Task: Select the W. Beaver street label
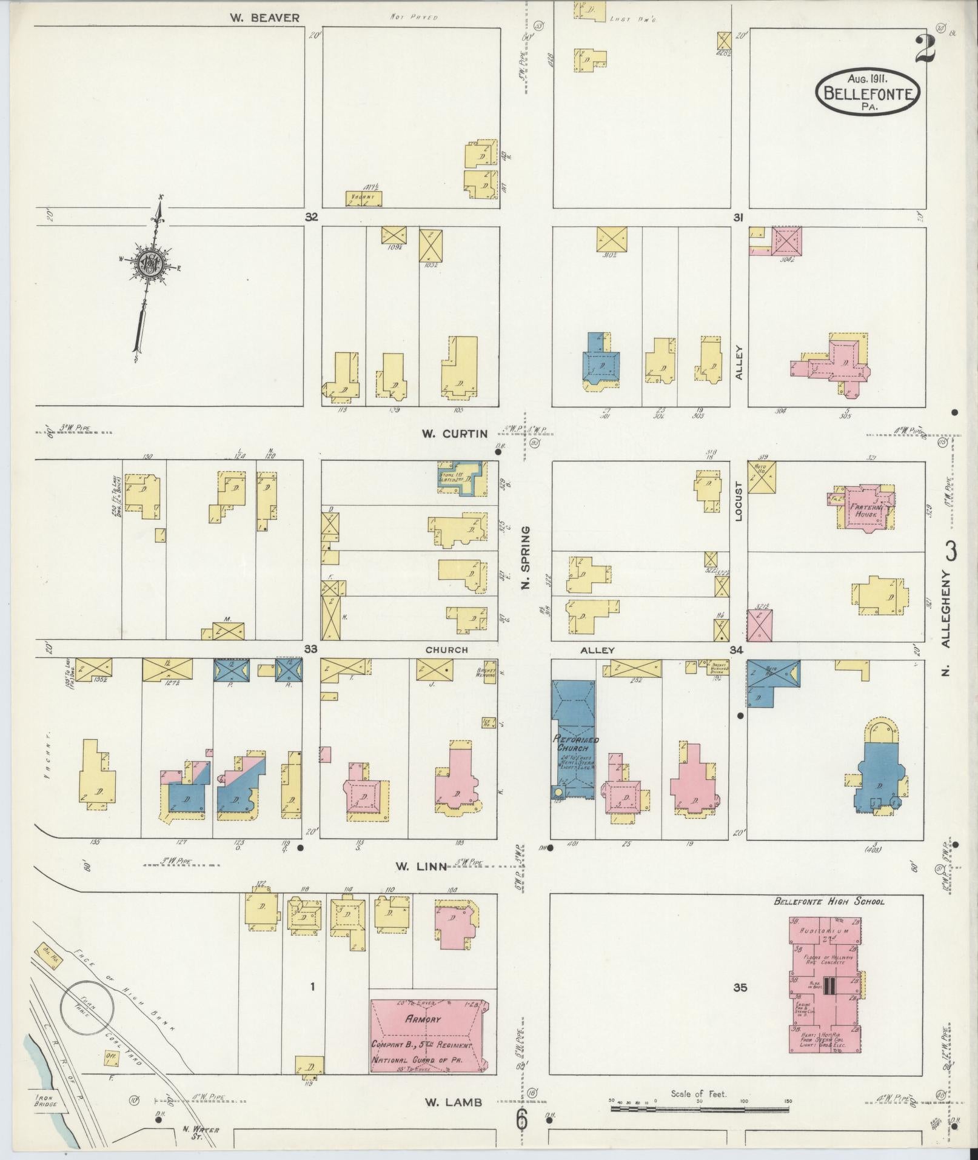(x=264, y=18)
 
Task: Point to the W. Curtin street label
(x=455, y=433)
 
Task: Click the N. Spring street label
(x=526, y=557)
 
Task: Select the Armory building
(x=427, y=1037)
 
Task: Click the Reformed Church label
(x=575, y=743)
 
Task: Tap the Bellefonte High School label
(x=829, y=901)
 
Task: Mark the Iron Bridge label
(x=46, y=1101)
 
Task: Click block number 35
(x=739, y=987)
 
